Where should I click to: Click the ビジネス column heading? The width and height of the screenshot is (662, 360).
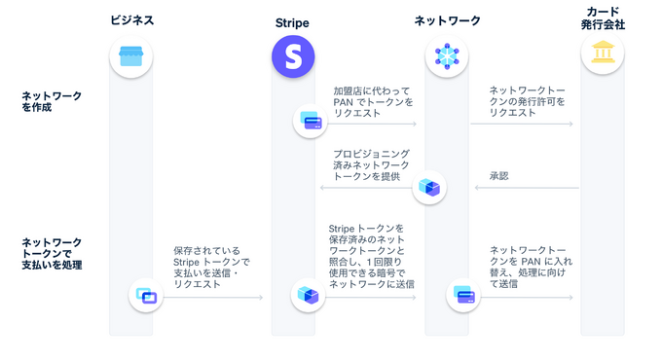tap(131, 20)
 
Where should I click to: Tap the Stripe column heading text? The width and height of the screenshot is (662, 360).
tap(292, 20)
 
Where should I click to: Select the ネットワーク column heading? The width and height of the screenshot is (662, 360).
tap(447, 20)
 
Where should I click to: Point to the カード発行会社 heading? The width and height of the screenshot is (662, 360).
tap(603, 18)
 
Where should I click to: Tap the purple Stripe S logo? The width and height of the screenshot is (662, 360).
tap(292, 56)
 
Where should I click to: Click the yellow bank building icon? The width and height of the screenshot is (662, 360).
tap(603, 54)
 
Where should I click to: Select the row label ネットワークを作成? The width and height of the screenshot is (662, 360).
tap(52, 101)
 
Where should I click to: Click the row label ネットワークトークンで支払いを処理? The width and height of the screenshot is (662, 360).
tap(52, 253)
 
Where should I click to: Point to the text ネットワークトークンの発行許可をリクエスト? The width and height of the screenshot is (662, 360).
tap(527, 100)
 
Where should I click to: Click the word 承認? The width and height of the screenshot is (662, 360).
tap(498, 176)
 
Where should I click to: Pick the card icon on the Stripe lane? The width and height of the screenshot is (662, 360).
tap(312, 122)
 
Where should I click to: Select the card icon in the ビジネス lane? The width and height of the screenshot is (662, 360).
tap(146, 295)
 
